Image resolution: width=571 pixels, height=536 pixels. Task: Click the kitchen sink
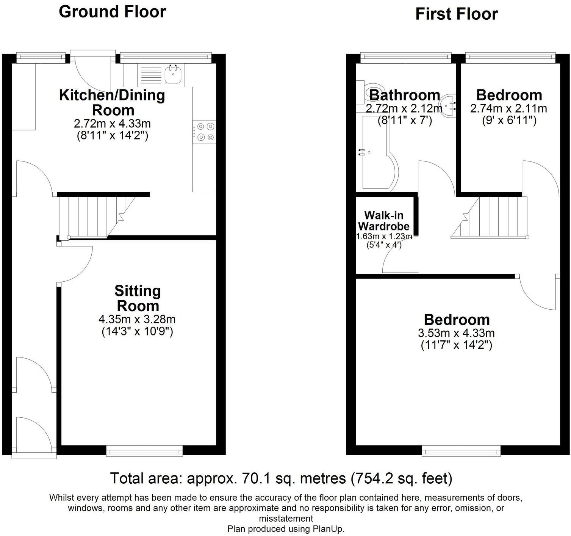174,74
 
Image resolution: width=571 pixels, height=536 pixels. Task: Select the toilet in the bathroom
364,91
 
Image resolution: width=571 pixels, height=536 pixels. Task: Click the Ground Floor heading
112,12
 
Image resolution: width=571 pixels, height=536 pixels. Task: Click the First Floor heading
456,14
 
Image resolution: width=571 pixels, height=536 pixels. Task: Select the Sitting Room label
138,298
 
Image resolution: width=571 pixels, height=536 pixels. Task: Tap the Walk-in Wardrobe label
383,221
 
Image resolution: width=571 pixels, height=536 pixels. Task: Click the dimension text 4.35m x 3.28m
137,319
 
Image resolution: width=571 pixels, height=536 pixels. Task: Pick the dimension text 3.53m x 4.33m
456,333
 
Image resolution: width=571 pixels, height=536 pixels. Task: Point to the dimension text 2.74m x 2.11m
508,109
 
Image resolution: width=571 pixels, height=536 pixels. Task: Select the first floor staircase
493,217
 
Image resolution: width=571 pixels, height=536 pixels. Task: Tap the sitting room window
144,450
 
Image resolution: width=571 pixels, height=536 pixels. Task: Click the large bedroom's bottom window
461,450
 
